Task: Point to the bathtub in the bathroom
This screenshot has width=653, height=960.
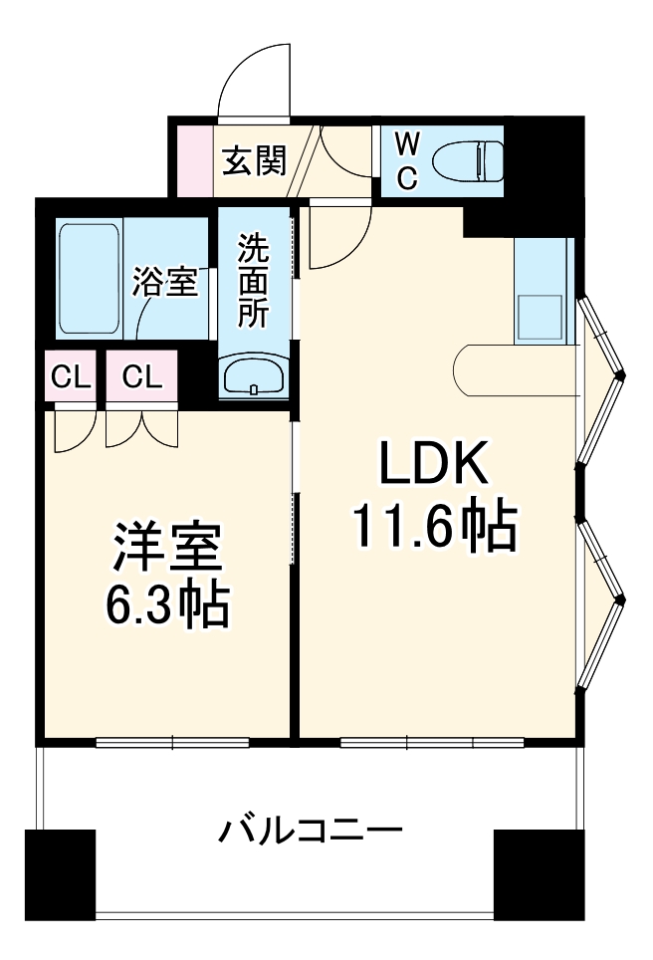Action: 90,278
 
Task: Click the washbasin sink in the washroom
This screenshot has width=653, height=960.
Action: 255,375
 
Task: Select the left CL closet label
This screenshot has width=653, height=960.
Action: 71,376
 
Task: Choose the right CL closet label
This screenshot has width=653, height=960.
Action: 142,376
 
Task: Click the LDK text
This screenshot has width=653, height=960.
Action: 433,463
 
